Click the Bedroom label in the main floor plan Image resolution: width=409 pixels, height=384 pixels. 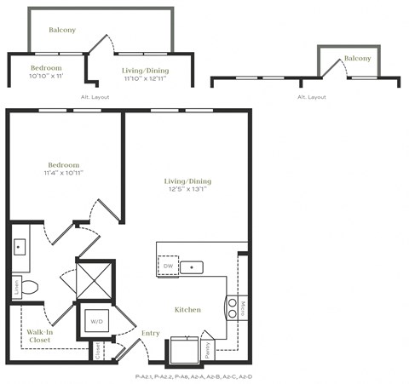[x=63, y=164]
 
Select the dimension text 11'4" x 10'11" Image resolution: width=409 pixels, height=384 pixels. [x=63, y=173]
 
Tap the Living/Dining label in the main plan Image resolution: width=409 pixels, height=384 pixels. [x=187, y=181]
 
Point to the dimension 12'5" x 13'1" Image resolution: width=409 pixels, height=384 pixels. [x=187, y=190]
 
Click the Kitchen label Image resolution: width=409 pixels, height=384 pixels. [x=187, y=309]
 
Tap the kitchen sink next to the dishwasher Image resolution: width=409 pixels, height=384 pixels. [x=194, y=267]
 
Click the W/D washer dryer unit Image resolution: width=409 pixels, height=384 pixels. [x=93, y=323]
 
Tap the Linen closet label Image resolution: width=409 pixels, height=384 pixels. [x=14, y=286]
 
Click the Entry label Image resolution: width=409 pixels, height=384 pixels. [x=151, y=333]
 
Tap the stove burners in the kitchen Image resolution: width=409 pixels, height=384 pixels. [x=231, y=307]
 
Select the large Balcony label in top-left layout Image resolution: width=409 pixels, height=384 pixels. [x=61, y=30]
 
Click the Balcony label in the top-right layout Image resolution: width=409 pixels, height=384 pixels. [x=357, y=58]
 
